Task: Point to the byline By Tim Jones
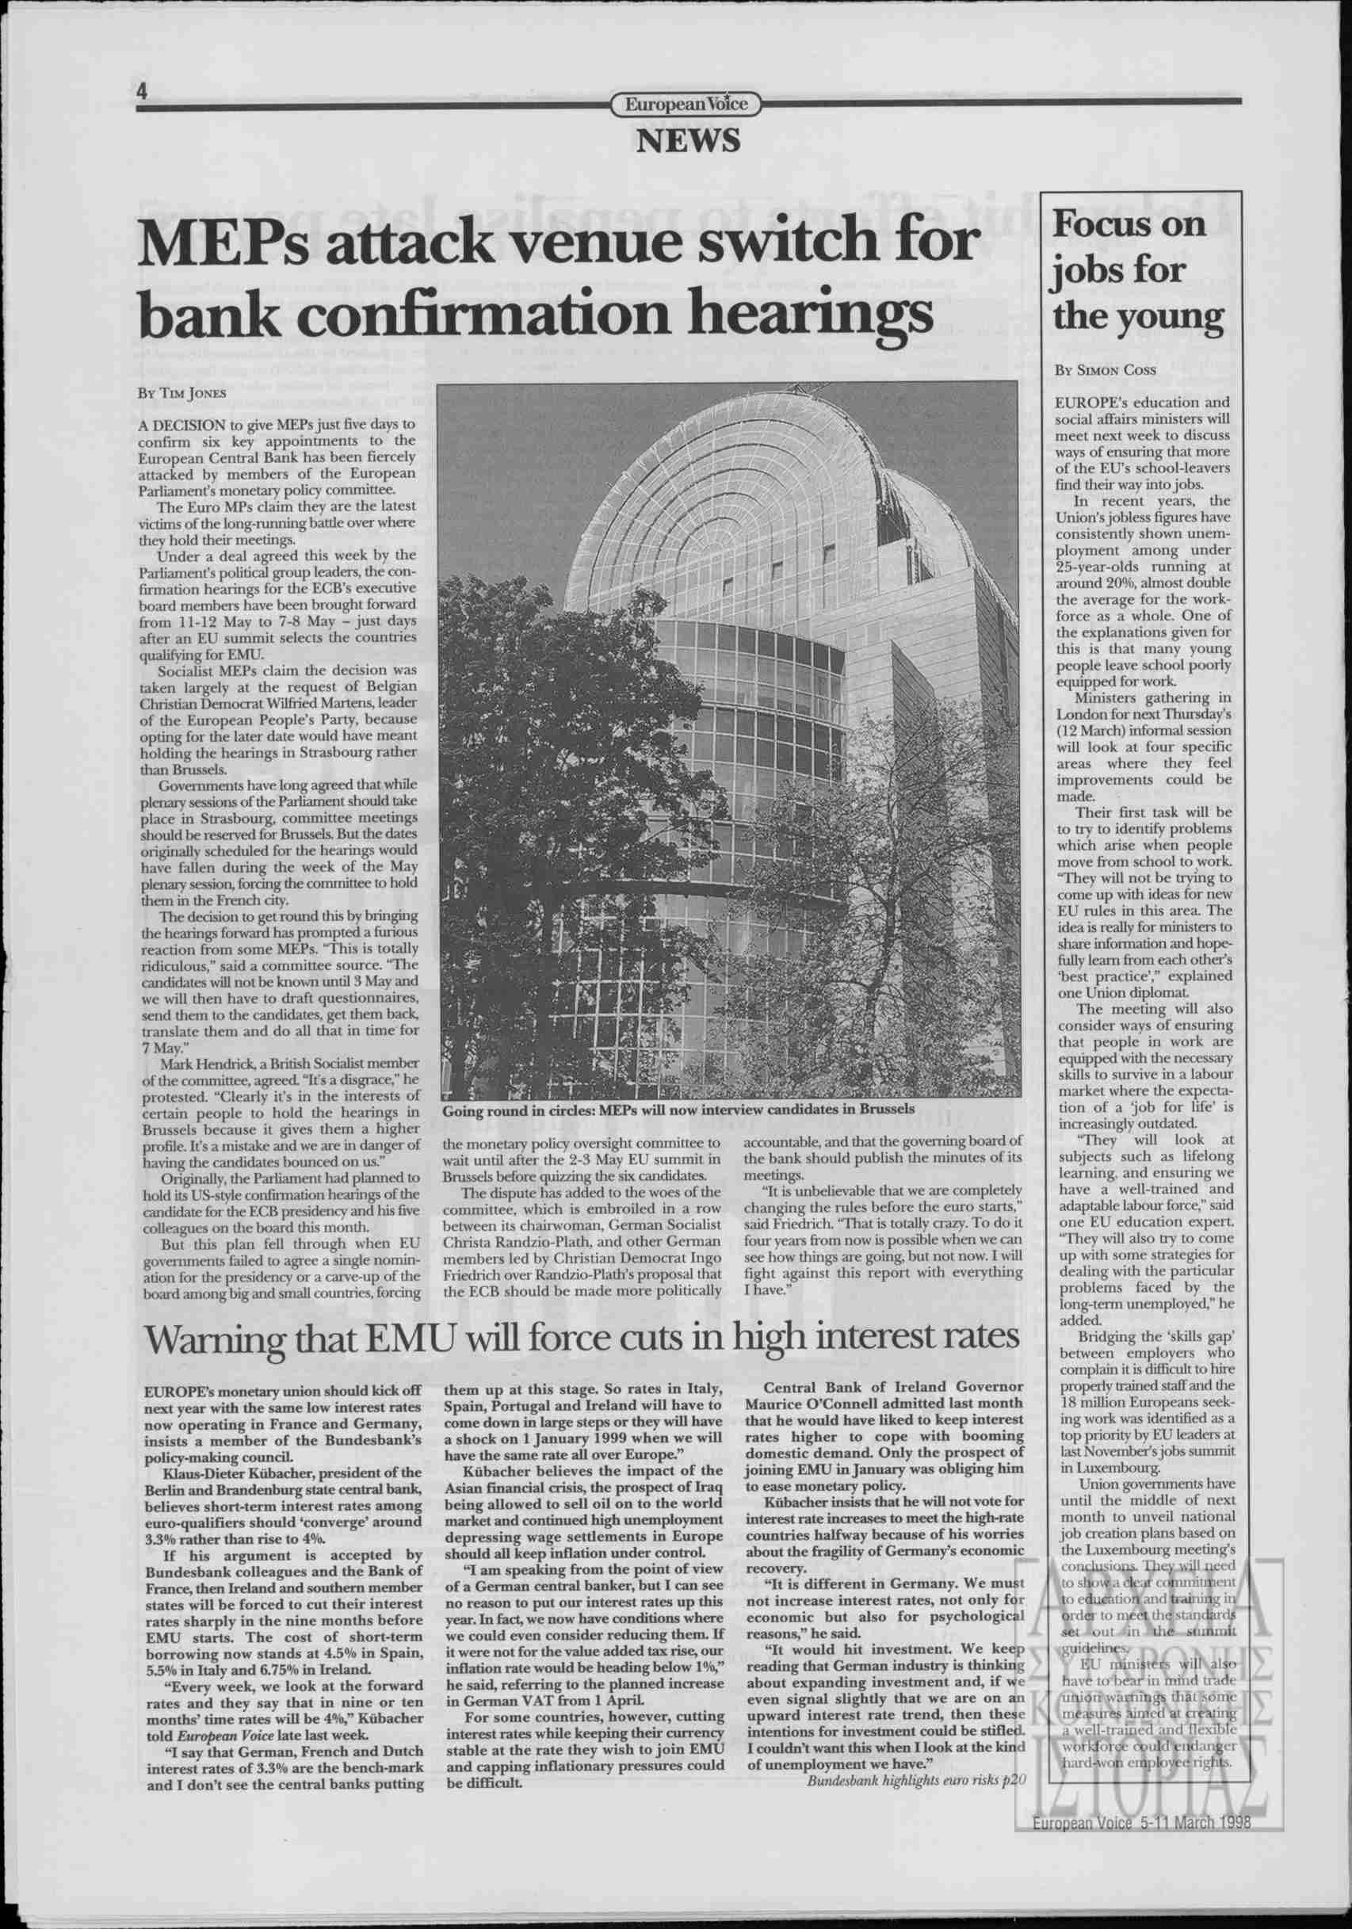click(181, 392)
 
